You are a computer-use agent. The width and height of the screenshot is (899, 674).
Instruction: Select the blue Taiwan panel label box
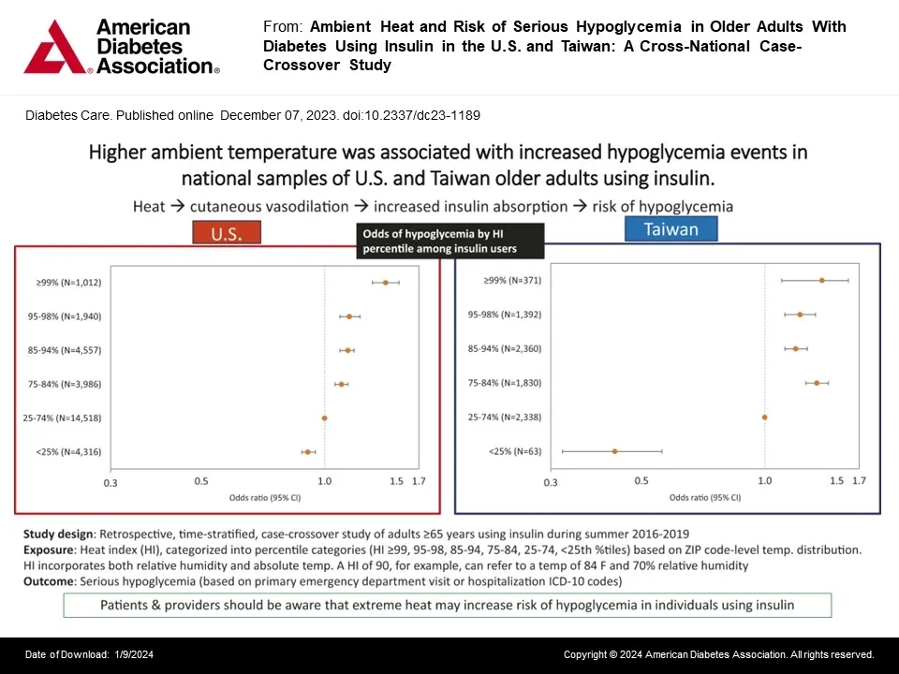pos(671,229)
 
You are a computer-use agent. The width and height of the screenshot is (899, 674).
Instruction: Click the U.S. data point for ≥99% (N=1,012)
pos(385,282)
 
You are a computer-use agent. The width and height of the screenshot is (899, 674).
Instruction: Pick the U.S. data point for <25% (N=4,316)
pos(307,452)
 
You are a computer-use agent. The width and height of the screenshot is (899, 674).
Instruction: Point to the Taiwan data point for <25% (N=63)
pos(614,451)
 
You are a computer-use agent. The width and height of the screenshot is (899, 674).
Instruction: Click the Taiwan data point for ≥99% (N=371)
pos(821,280)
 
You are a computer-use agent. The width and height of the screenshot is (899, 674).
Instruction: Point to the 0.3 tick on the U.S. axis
pos(111,482)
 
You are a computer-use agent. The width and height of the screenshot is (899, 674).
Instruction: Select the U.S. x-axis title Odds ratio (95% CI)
pos(265,498)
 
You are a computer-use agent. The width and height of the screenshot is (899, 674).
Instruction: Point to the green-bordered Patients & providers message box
pos(447,605)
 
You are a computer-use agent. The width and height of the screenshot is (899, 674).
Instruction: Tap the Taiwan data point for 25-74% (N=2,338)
pos(764,418)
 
